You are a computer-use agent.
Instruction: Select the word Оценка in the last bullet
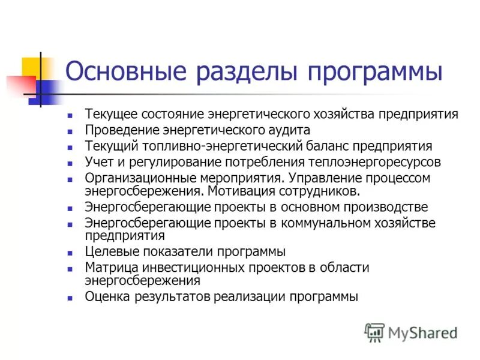pyautogui.click(x=105, y=296)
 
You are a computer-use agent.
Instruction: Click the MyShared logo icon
pyautogui.click(x=374, y=332)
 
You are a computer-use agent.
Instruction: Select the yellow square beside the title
pyautogui.click(x=33, y=67)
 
